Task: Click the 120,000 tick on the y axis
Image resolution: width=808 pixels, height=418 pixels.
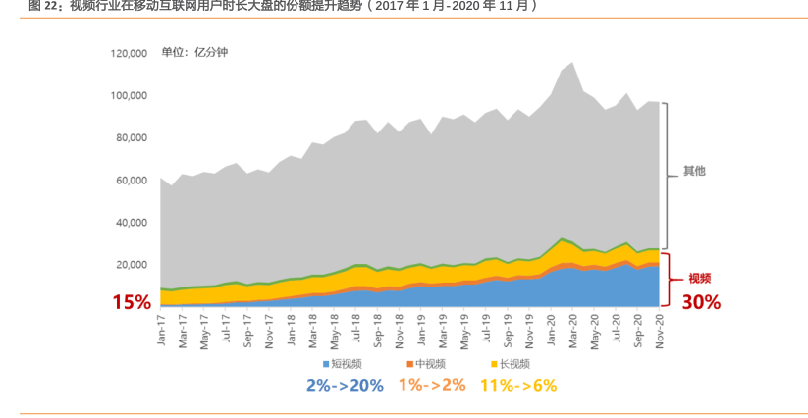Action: (x=128, y=53)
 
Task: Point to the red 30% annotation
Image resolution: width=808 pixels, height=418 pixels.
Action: (x=701, y=302)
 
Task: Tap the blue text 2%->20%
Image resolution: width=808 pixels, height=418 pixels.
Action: (x=344, y=386)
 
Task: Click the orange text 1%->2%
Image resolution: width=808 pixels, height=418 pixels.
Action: (x=432, y=386)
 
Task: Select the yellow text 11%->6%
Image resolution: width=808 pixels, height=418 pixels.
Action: (x=517, y=386)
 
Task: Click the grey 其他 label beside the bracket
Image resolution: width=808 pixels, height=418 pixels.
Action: (x=694, y=171)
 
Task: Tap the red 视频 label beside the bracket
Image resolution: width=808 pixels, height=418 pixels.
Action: (x=699, y=279)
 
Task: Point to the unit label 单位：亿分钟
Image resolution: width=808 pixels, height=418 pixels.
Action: (x=194, y=52)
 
